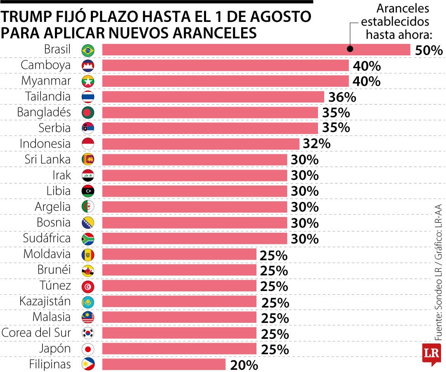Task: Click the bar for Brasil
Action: pyautogui.click(x=256, y=50)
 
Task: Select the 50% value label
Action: pyautogui.click(x=429, y=50)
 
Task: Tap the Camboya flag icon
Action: pyautogui.click(x=88, y=66)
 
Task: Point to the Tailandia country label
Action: pyautogui.click(x=48, y=97)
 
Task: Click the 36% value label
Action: pyautogui.click(x=342, y=98)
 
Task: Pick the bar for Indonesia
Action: pyautogui.click(x=200, y=144)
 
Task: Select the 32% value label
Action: pyautogui.click(x=317, y=144)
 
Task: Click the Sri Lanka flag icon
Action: pyautogui.click(x=88, y=160)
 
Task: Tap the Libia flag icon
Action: pyautogui.click(x=88, y=191)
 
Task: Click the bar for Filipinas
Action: pyautogui.click(x=164, y=364)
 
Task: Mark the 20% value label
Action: pyautogui.click(x=244, y=365)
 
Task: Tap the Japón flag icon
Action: pyautogui.click(x=88, y=349)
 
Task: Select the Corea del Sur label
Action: pyautogui.click(x=36, y=333)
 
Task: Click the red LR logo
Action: pyautogui.click(x=431, y=354)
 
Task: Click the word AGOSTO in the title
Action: pyautogui.click(x=282, y=17)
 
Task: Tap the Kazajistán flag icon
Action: pyautogui.click(x=88, y=301)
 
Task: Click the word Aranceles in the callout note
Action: pyautogui.click(x=403, y=8)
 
